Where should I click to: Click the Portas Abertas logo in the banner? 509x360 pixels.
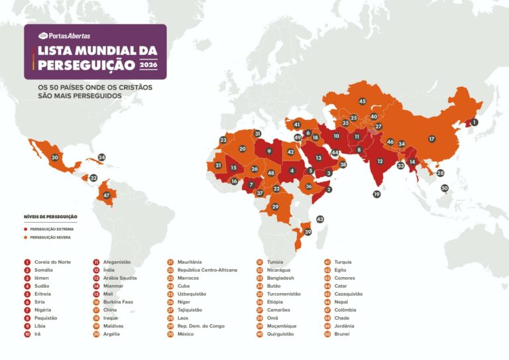tap(64, 36)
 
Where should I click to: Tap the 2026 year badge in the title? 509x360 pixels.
tap(149, 64)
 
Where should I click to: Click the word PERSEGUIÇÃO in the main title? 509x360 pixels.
tap(87, 64)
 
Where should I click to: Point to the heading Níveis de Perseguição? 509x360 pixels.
tap(50, 217)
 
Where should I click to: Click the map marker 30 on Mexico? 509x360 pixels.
tap(55, 158)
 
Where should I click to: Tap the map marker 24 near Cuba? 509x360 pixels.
tap(101, 158)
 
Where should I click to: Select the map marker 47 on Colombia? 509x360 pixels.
tap(106, 196)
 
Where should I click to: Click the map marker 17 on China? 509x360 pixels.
tap(431, 139)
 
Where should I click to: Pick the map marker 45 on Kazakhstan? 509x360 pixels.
tap(362, 101)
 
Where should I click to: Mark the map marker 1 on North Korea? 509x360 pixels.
tap(474, 123)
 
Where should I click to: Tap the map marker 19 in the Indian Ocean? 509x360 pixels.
tap(376, 194)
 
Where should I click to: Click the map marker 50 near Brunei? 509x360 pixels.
tap(445, 188)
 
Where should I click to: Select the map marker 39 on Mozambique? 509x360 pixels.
tap(307, 231)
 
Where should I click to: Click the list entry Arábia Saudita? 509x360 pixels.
tap(120, 278)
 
